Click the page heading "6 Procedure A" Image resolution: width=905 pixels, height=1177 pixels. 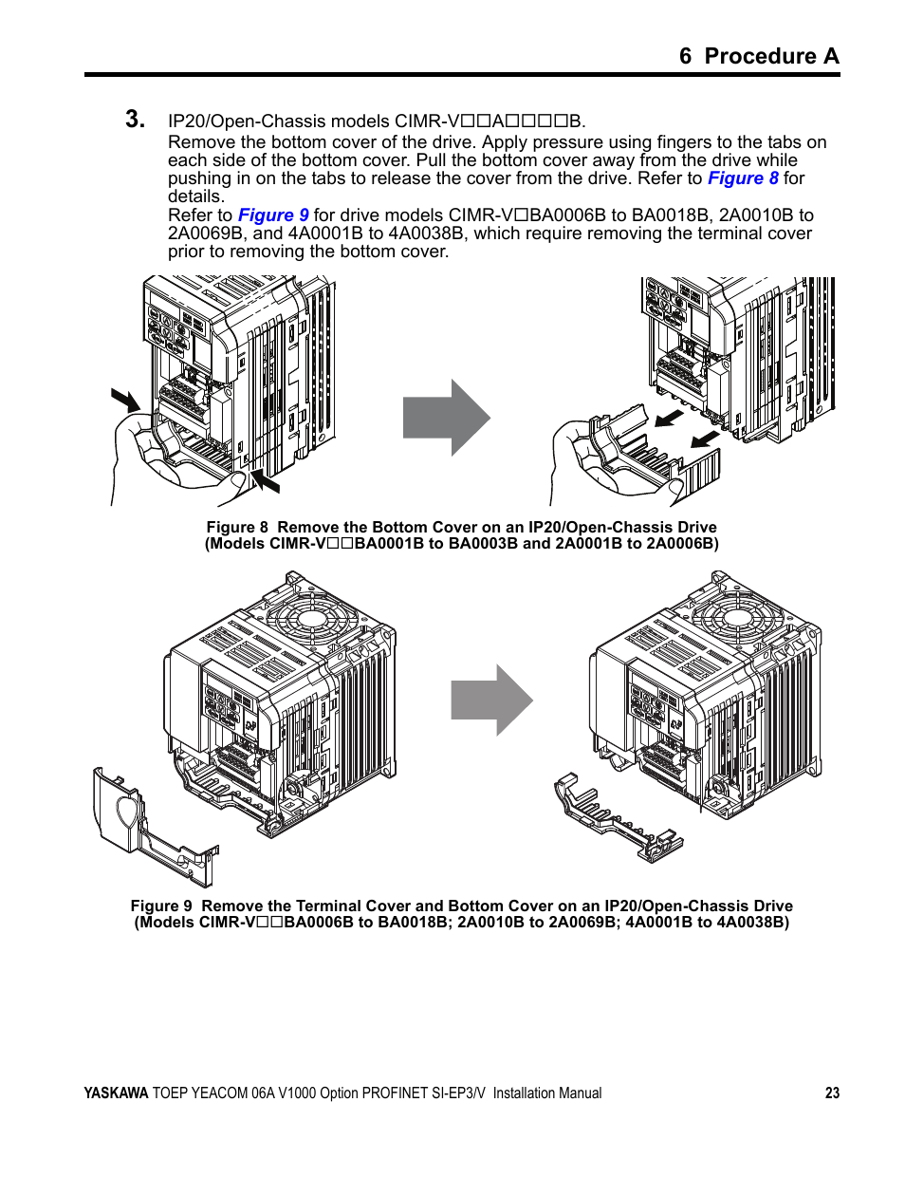pyautogui.click(x=758, y=56)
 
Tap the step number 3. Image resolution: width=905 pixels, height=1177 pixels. pyautogui.click(x=135, y=120)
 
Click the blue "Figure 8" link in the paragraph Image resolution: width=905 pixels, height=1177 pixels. pyautogui.click(x=743, y=178)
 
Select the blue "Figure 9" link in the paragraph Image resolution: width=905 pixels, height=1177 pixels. pyautogui.click(x=273, y=215)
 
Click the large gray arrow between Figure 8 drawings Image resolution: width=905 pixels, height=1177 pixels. pyautogui.click(x=446, y=418)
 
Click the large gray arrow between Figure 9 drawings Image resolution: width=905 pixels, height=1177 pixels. pyautogui.click(x=490, y=701)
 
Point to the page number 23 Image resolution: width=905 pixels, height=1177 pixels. pyautogui.click(x=832, y=1093)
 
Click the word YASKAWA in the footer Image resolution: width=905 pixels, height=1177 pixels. pyautogui.click(x=116, y=1093)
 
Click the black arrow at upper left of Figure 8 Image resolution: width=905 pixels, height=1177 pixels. pyautogui.click(x=124, y=400)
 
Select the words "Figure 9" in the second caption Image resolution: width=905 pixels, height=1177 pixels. pyautogui.click(x=161, y=906)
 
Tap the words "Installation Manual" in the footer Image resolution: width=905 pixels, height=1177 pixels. pyautogui.click(x=546, y=1093)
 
